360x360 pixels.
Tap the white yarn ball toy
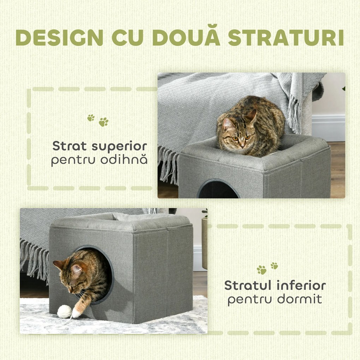[64, 311]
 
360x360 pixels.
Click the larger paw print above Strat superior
[103, 122]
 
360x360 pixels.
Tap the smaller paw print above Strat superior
[91, 118]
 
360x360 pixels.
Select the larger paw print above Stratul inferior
[262, 270]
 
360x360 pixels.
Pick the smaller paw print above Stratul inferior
[274, 265]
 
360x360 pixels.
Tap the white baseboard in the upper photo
[328, 127]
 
